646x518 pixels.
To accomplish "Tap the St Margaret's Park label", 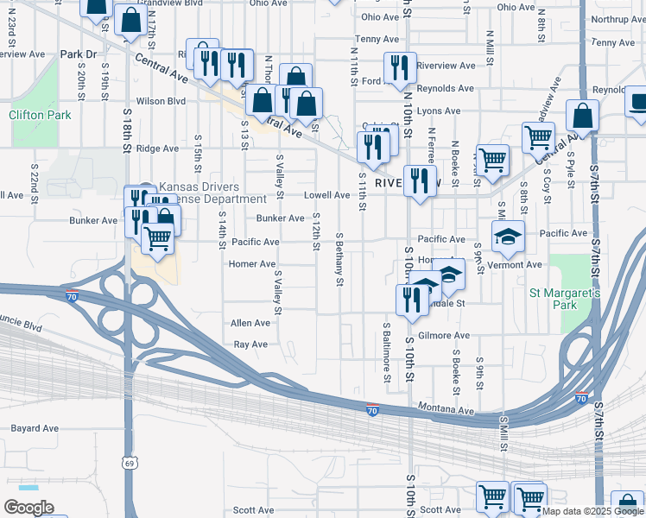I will [565, 300].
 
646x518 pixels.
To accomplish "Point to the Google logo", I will [28, 508].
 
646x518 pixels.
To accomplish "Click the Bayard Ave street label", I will [35, 428].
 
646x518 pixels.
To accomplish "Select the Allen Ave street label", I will [250, 323].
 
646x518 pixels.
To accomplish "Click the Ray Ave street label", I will [250, 344].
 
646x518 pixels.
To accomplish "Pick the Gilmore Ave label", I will [443, 335].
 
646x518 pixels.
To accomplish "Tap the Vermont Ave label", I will [514, 264].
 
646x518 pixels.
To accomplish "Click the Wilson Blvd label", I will [161, 101].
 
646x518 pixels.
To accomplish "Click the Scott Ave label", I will [253, 511].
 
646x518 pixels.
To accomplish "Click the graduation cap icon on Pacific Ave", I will [509, 236].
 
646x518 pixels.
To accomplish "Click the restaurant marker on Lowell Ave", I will [419, 180].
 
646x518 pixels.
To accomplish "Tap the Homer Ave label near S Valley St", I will [252, 264].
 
